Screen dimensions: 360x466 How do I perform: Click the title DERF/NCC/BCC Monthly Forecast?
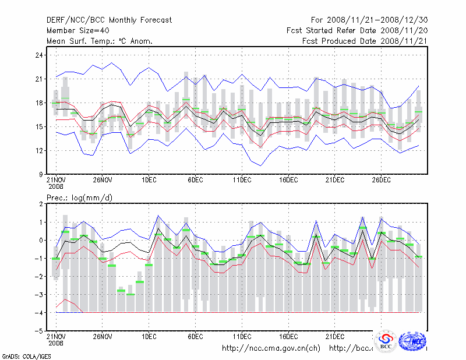pos(109,20)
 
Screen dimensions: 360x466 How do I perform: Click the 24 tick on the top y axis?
pos(38,55)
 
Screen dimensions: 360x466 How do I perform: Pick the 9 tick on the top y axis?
pos(41,174)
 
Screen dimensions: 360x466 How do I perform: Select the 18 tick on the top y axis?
pos(38,103)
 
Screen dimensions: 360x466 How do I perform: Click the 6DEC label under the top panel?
pos(195,181)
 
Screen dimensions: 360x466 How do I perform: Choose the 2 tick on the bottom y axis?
pos(41,204)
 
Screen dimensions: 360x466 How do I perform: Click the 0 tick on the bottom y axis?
pos(41,241)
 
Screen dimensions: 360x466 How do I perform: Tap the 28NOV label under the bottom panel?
pos(102,337)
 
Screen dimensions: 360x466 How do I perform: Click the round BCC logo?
pos(386,341)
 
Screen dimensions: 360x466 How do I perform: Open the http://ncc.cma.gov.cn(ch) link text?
pos(271,348)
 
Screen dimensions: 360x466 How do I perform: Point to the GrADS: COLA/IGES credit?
pos(20,355)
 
